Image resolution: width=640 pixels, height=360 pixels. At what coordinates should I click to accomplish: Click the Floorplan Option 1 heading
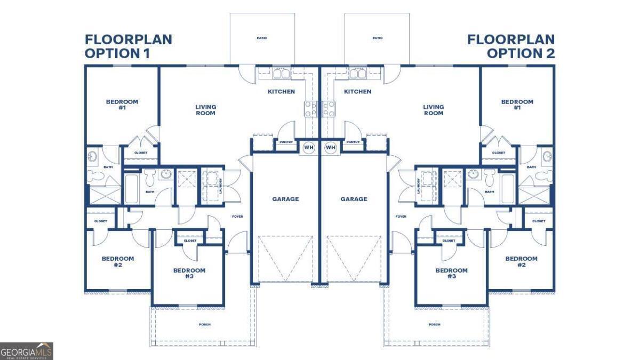pyautogui.click(x=128, y=46)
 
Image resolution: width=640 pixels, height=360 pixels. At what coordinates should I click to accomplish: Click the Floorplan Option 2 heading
pyautogui.click(x=511, y=46)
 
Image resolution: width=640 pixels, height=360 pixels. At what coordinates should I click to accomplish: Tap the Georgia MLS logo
pyautogui.click(x=27, y=351)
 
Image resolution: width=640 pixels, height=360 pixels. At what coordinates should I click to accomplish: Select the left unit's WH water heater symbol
pyautogui.click(x=309, y=147)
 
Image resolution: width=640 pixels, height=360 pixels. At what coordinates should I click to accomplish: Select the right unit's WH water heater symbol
pyautogui.click(x=330, y=147)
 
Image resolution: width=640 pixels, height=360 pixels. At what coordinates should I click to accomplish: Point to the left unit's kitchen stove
pyautogui.click(x=311, y=109)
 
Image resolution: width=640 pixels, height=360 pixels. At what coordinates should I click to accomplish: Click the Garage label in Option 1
pyautogui.click(x=285, y=199)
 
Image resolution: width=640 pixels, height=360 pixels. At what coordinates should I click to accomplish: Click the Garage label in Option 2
pyautogui.click(x=354, y=199)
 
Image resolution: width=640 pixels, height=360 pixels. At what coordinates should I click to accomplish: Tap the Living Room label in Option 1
pyautogui.click(x=205, y=110)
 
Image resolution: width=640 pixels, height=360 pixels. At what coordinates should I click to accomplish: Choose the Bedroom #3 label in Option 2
pyautogui.click(x=451, y=274)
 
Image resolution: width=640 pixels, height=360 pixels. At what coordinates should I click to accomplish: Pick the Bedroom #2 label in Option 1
pyautogui.click(x=118, y=262)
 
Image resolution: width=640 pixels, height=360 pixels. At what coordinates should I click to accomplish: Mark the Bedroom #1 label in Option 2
pyautogui.click(x=517, y=105)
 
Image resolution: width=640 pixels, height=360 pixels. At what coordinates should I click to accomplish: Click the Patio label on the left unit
pyautogui.click(x=261, y=38)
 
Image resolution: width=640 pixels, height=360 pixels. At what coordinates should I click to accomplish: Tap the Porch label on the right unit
pyautogui.click(x=435, y=324)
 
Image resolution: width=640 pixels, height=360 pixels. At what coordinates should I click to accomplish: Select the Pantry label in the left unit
pyautogui.click(x=286, y=142)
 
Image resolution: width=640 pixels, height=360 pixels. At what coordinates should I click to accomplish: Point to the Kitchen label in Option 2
pyautogui.click(x=357, y=92)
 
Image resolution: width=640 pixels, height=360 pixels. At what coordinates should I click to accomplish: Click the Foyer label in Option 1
pyautogui.click(x=237, y=217)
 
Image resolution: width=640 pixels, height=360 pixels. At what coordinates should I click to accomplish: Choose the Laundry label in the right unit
pyautogui.click(x=419, y=186)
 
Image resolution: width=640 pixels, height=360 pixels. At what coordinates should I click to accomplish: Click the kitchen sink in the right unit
pyautogui.click(x=354, y=73)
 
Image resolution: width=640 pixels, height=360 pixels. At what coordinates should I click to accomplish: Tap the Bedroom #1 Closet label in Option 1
pyautogui.click(x=140, y=153)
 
